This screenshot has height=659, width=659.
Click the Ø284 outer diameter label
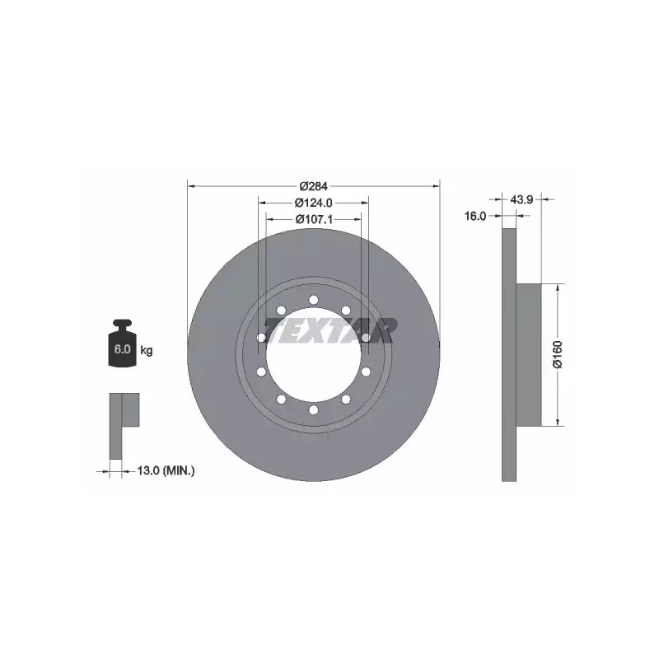(x=314, y=185)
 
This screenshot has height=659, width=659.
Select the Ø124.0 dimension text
(x=314, y=203)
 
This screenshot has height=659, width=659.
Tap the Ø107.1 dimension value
(x=314, y=219)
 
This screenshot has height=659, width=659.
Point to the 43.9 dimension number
(x=521, y=199)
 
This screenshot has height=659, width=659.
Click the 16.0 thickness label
(x=475, y=216)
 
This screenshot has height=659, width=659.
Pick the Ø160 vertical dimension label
(x=558, y=355)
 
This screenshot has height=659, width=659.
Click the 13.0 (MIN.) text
(x=166, y=470)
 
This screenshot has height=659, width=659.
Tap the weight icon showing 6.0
(x=122, y=343)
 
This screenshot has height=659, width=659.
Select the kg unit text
(x=147, y=350)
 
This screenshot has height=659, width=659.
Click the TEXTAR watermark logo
(x=330, y=330)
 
